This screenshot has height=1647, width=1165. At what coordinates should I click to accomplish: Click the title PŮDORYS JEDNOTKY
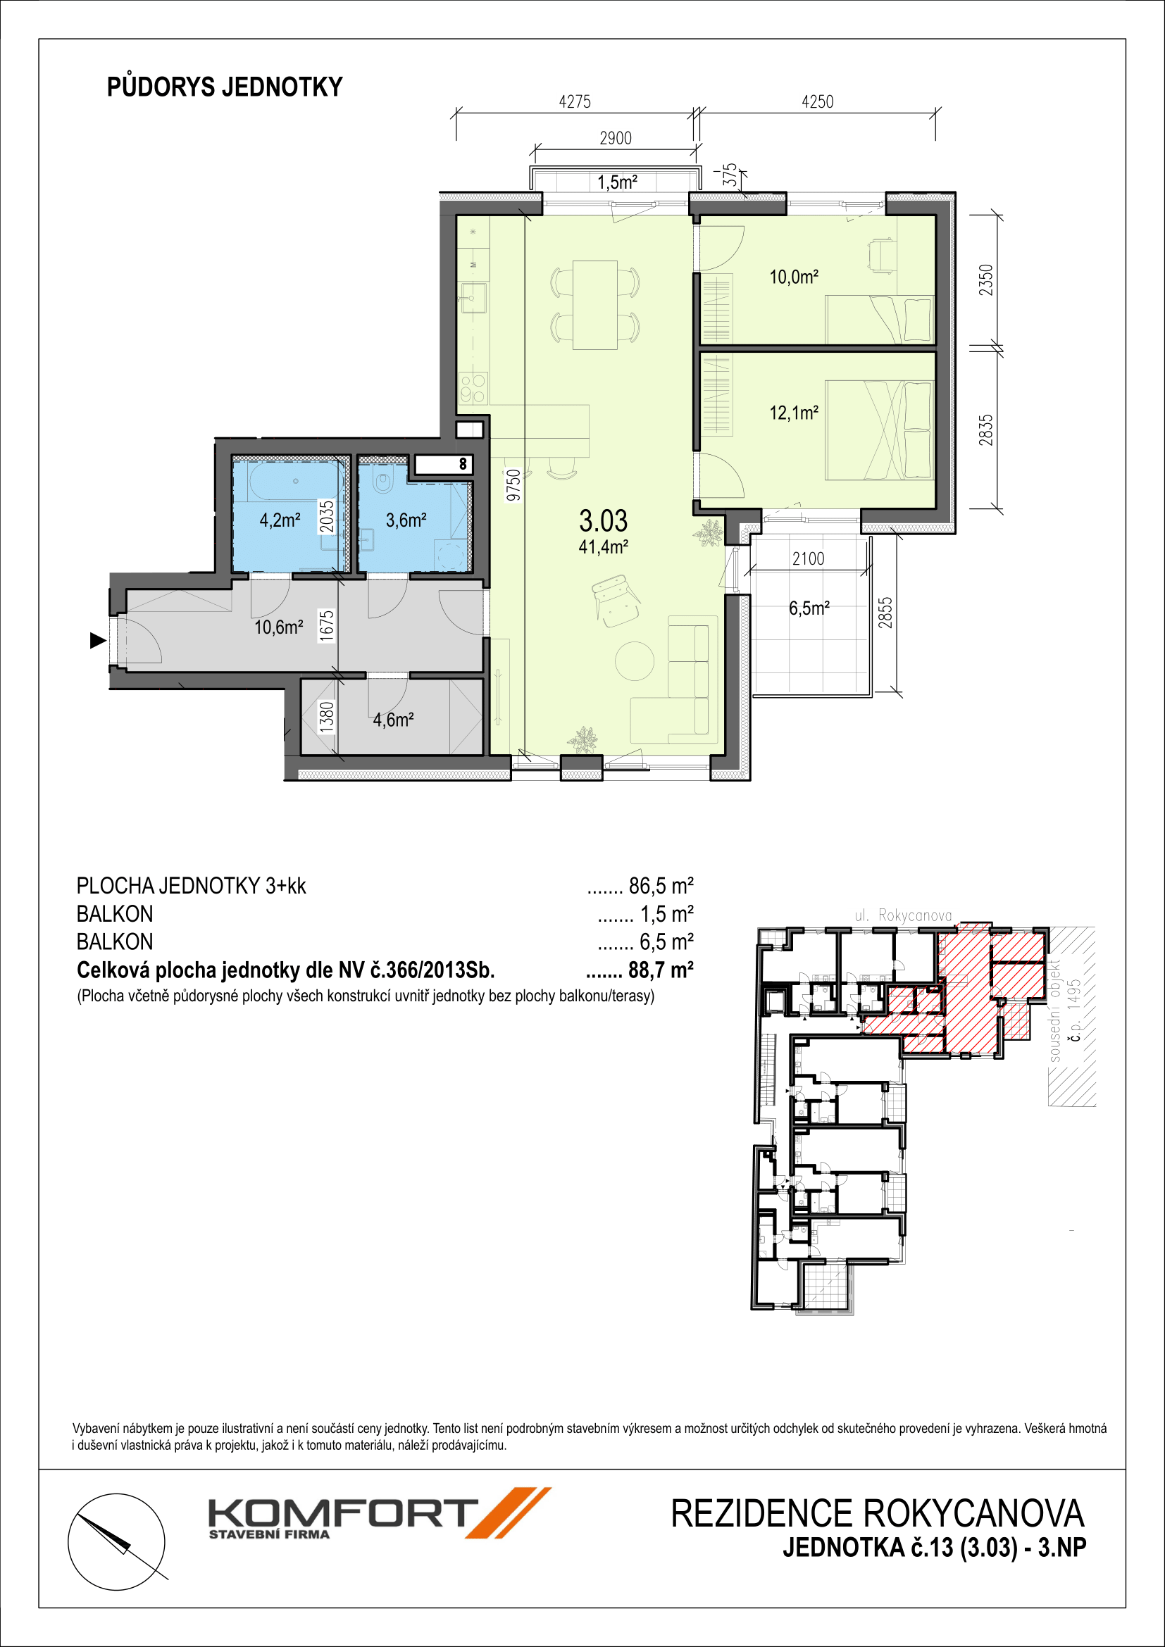(x=225, y=87)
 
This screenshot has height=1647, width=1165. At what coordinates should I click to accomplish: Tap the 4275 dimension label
(x=575, y=102)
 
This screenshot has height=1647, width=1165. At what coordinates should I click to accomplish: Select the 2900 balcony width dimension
(x=616, y=138)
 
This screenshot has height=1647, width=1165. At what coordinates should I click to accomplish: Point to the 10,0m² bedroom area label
(x=794, y=277)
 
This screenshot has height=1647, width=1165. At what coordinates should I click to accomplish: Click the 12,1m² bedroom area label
(x=794, y=413)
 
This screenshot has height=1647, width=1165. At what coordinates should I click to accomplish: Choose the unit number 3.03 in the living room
(x=604, y=520)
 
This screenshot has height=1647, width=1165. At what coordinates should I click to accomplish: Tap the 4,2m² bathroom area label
(x=280, y=520)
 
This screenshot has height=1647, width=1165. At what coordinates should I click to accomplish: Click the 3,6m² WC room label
(x=406, y=520)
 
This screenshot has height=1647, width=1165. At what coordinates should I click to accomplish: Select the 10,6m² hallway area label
(x=278, y=627)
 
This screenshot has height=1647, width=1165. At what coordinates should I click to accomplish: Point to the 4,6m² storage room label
(x=393, y=720)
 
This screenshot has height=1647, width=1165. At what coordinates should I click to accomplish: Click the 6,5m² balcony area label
(x=809, y=608)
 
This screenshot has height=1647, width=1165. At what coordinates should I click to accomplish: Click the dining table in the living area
(x=594, y=305)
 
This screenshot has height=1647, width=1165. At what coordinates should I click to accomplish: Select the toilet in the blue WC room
(x=384, y=482)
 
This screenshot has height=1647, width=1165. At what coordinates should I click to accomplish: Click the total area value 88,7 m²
(x=661, y=970)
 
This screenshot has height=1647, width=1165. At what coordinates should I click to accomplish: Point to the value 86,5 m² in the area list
(x=661, y=886)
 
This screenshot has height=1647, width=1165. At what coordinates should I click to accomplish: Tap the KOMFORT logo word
(x=343, y=1514)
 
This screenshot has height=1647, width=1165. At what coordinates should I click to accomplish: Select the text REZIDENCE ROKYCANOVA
(x=878, y=1514)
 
